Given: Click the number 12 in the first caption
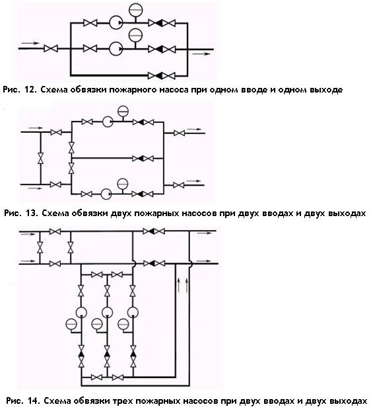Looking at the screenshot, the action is (30, 89).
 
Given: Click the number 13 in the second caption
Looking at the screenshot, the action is (32, 213).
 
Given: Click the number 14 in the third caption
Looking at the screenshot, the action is (33, 400).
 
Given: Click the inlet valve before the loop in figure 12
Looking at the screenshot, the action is (51, 49).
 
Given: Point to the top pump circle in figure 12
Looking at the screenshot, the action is (116, 23).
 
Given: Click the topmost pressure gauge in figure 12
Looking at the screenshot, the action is (136, 9).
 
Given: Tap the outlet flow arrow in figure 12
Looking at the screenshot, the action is (201, 54).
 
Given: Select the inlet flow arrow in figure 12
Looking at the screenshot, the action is (30, 43).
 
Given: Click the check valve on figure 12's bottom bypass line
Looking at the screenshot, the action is (159, 76).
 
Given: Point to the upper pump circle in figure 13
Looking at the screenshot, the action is (108, 122).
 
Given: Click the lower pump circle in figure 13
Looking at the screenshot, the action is (106, 194).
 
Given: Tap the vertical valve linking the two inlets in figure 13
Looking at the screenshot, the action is (41, 158).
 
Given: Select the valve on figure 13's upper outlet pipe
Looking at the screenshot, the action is (179, 133).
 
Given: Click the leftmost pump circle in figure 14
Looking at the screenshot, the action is (81, 312).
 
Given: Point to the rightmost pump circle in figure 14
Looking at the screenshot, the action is (133, 312).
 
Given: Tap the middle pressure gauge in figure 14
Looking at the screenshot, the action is (97, 324).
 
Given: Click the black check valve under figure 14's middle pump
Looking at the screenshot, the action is (107, 354).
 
